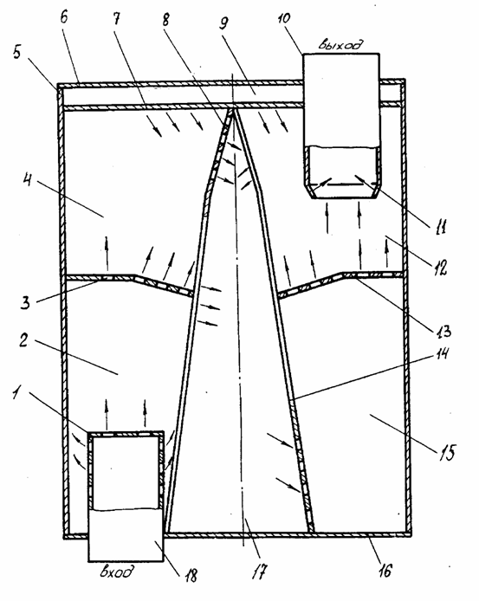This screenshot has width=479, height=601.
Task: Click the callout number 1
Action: pyautogui.click(x=16, y=393)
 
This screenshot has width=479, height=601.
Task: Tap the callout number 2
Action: pyautogui.click(x=24, y=340)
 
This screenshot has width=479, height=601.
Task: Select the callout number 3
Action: pyautogui.click(x=25, y=302)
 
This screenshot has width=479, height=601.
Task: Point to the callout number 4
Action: pyautogui.click(x=28, y=180)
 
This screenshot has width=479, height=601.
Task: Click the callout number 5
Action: pyautogui.click(x=16, y=52)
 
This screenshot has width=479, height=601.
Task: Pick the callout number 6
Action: pyautogui.click(x=64, y=17)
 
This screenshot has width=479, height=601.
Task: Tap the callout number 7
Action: pyautogui.click(x=116, y=18)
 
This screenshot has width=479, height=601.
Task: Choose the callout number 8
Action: pyautogui.click(x=165, y=19)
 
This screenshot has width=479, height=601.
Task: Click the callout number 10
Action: pyautogui.click(x=284, y=18)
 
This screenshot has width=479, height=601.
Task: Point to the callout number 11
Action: pyautogui.click(x=440, y=227)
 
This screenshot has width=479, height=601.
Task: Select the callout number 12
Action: pyautogui.click(x=440, y=268)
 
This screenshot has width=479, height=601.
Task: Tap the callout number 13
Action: pyautogui.click(x=443, y=331)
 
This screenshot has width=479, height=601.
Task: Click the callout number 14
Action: pyautogui.click(x=442, y=352)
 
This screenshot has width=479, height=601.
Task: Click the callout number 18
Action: pyautogui.click(x=191, y=574)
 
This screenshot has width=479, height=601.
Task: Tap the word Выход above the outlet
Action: pyautogui.click(x=340, y=44)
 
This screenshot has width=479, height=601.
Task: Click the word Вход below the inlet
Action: pyautogui.click(x=118, y=572)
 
